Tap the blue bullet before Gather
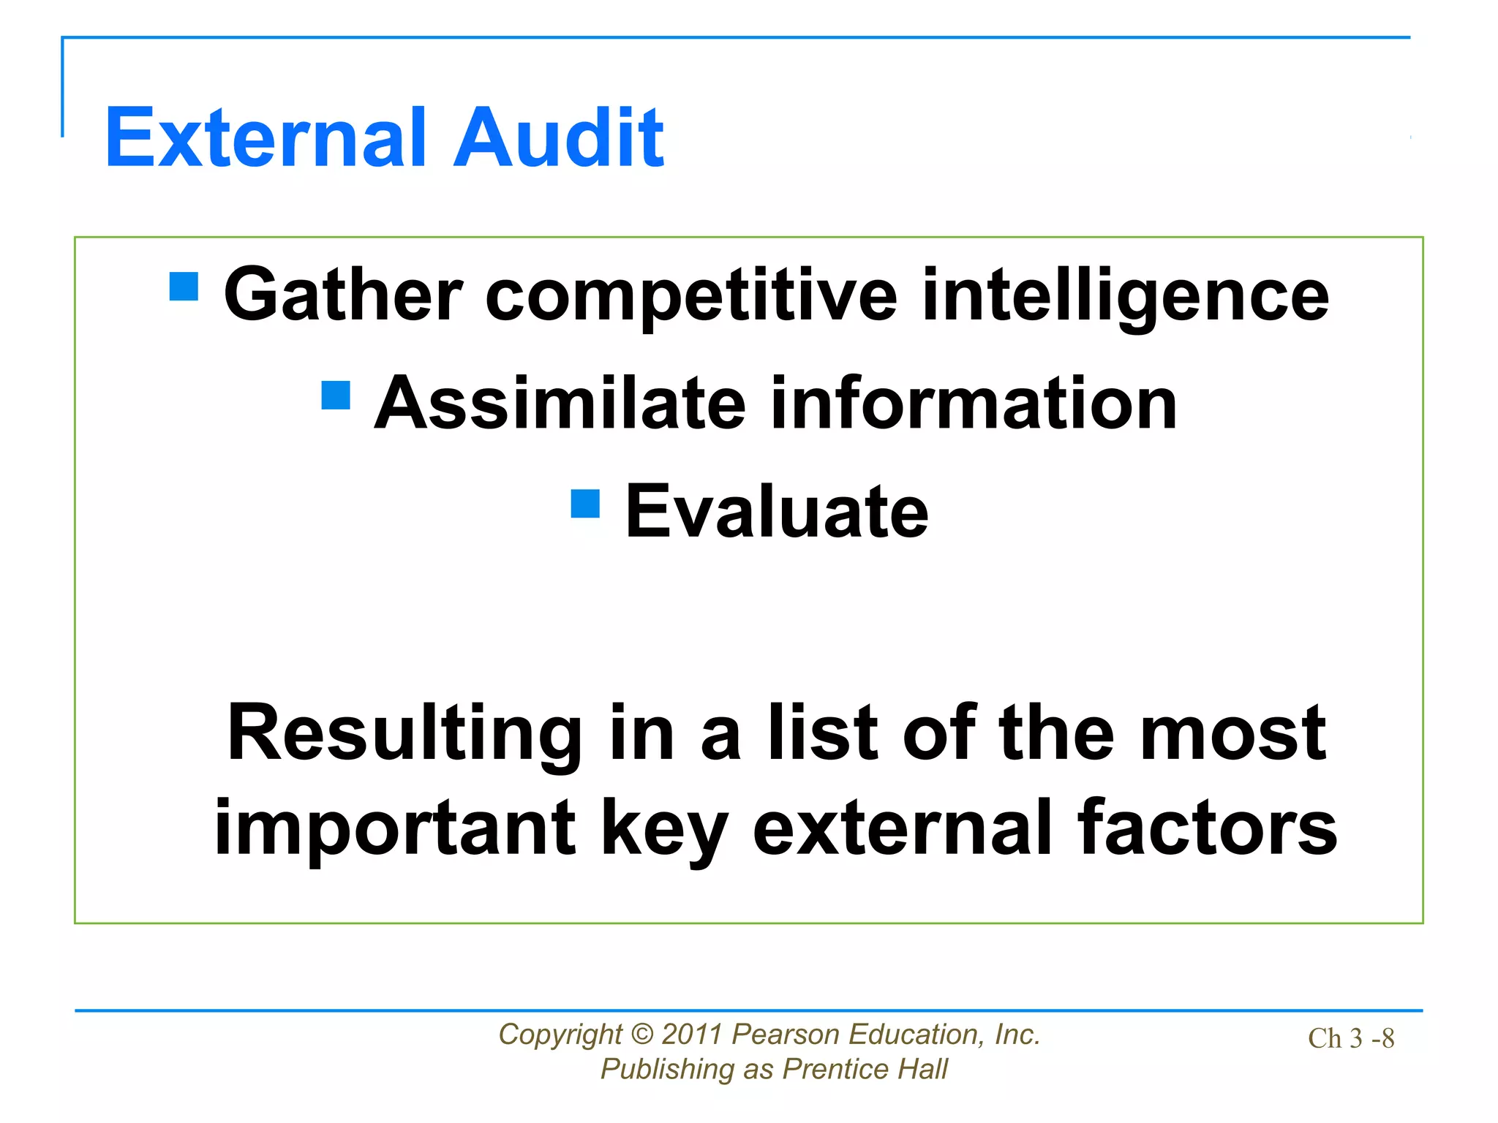pyautogui.click(x=184, y=287)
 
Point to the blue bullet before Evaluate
pyautogui.click(x=585, y=503)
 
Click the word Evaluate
pyautogui.click(x=777, y=512)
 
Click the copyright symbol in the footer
pyautogui.click(x=641, y=1034)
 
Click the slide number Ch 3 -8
pyautogui.click(x=1351, y=1038)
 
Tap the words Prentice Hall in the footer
pyautogui.click(x=865, y=1069)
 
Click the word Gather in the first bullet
pyautogui.click(x=342, y=295)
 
